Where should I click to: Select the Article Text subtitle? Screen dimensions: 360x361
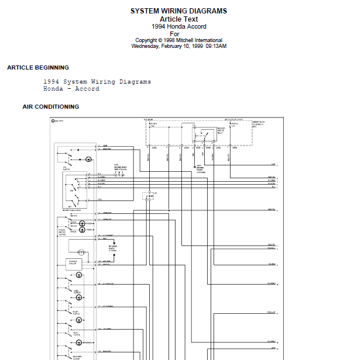point(178,19)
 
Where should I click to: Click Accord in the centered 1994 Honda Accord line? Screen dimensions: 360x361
point(195,26)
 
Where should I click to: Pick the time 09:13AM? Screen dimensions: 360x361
point(216,46)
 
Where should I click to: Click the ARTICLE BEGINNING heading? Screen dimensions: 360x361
point(38,68)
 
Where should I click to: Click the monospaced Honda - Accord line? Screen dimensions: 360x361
point(71,89)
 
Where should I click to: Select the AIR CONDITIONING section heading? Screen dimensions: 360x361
point(51,107)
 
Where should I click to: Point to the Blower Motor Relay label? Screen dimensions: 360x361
point(221,130)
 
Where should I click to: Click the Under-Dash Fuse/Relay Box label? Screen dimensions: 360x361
point(259,124)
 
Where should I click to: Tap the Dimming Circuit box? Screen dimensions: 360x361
point(73,262)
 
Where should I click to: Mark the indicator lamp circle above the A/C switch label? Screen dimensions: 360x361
point(88,159)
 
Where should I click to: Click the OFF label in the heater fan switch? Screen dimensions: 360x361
point(71,191)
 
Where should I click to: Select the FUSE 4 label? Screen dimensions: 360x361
point(235,124)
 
